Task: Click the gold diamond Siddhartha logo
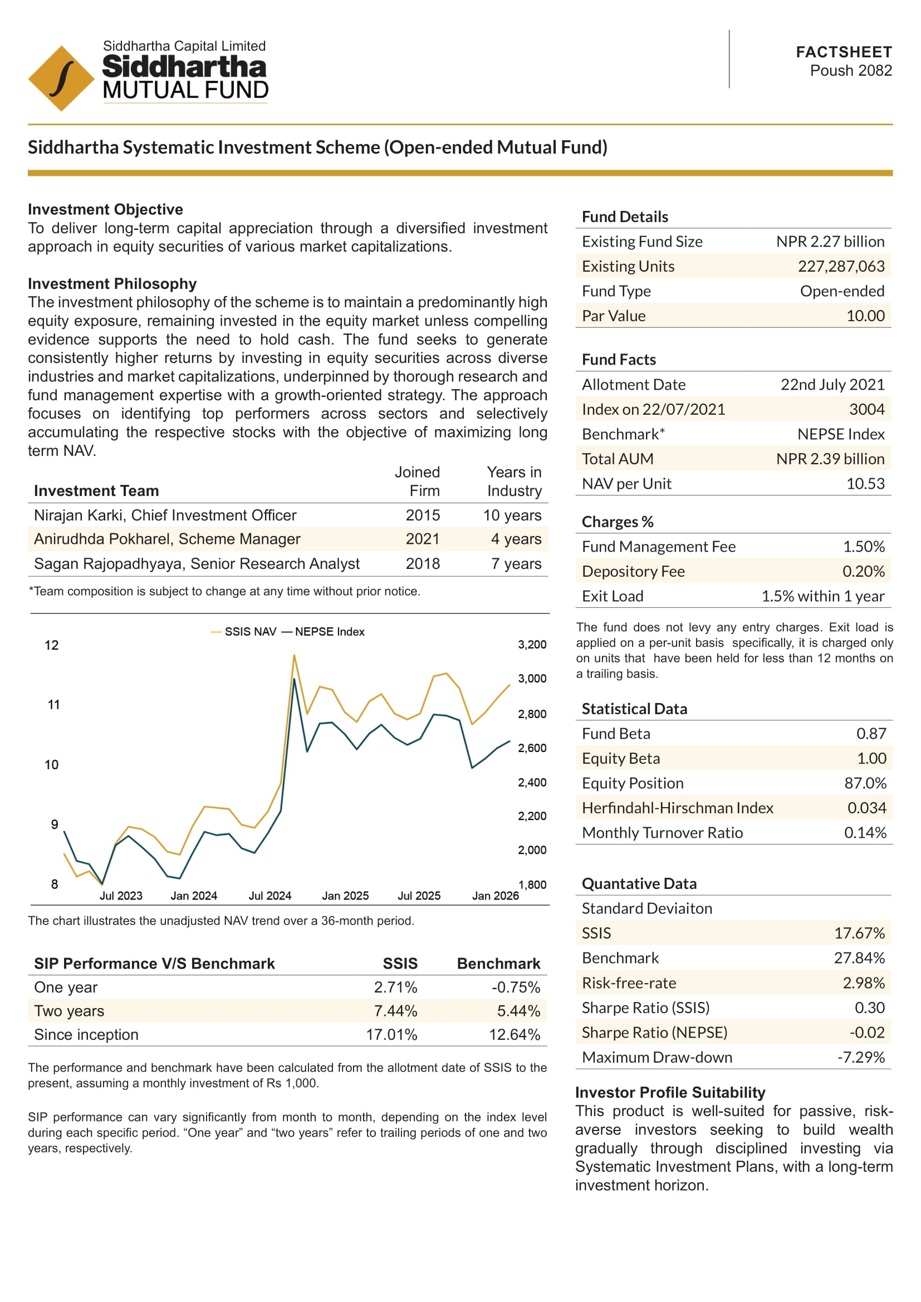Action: point(61,78)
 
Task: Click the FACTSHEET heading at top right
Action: point(843,52)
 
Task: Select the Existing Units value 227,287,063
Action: point(840,267)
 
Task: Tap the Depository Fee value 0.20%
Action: point(863,571)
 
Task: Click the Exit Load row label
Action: point(612,596)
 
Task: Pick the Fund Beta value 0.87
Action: point(870,734)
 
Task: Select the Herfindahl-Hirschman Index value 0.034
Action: point(866,808)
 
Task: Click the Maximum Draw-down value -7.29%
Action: point(860,1057)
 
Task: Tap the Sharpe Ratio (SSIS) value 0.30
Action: point(869,1008)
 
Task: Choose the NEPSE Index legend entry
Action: point(324,632)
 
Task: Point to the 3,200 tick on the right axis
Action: point(531,645)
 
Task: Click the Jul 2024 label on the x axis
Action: point(270,896)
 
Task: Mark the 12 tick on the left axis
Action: point(52,645)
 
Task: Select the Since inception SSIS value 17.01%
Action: point(391,1035)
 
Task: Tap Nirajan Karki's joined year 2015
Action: point(423,515)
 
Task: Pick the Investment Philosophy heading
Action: point(112,283)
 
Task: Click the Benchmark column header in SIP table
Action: point(498,964)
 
